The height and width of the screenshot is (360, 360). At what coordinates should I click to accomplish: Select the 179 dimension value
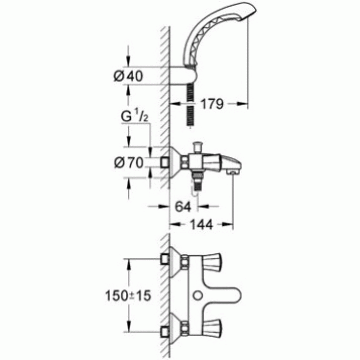pos(211,104)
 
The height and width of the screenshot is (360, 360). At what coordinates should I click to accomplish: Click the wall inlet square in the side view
pos(165,163)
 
